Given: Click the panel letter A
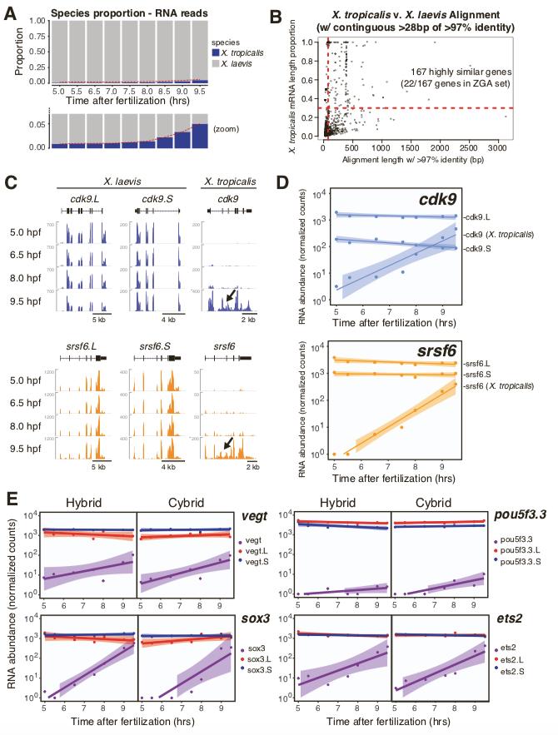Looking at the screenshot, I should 9,10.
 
